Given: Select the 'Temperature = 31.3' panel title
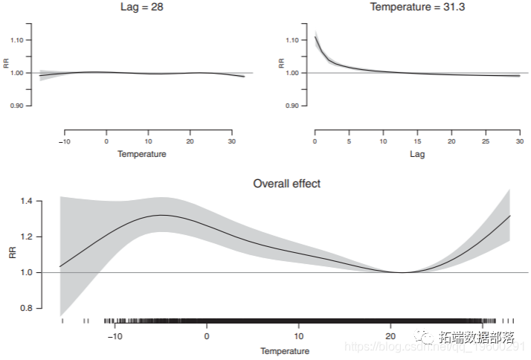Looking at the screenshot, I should pos(416,7).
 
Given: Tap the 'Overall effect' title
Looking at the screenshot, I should pos(286,183).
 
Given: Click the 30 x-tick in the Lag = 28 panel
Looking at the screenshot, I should pos(232,141).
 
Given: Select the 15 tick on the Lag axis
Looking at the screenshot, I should pos(417,141).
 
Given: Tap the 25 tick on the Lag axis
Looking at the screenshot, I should pos(486,141).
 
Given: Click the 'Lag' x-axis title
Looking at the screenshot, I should pos(417,154).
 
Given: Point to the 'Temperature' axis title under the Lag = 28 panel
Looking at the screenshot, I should pos(141,154).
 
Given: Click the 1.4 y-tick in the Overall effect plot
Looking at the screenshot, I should pos(26,201).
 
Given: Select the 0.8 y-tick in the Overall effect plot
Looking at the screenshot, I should pos(26,308).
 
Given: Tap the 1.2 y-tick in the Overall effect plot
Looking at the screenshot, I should pos(26,237).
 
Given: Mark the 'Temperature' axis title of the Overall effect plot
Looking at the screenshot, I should pos(285,351).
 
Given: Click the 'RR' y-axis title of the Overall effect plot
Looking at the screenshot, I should pos(11,254).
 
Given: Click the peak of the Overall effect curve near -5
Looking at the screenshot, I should pos(162,215).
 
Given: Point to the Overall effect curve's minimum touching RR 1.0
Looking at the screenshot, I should pos(402,272).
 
